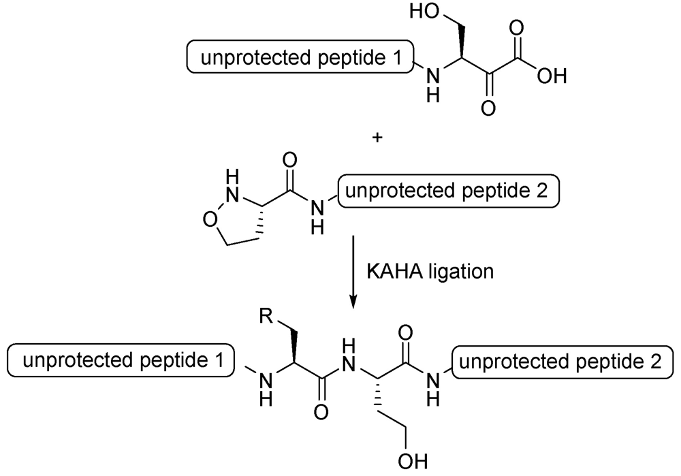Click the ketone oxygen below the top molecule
tap(486, 107)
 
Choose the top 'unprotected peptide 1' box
tap(301, 61)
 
